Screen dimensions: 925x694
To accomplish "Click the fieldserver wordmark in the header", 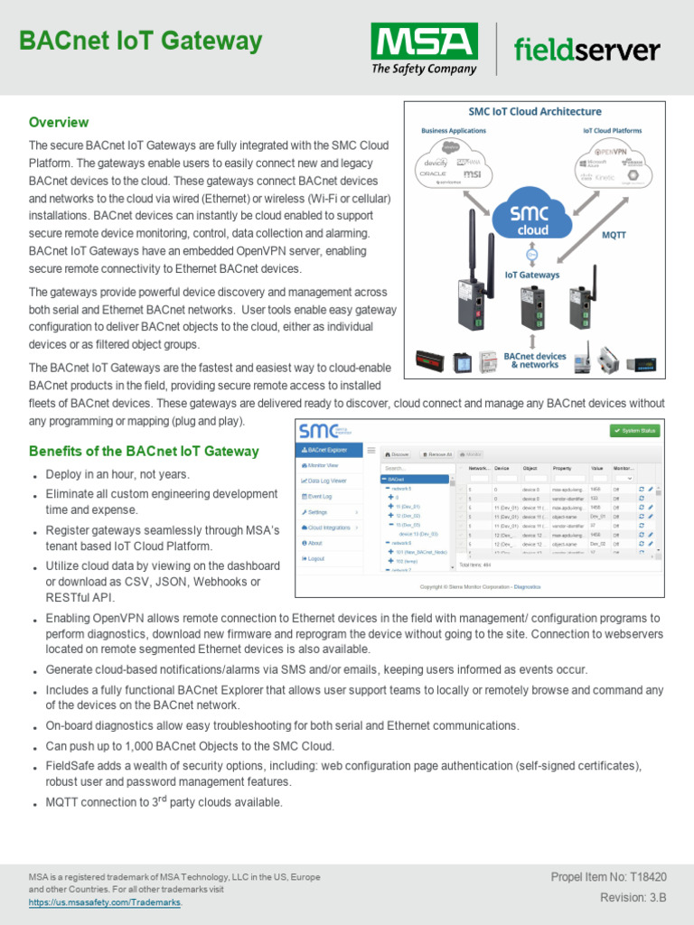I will pos(586,50).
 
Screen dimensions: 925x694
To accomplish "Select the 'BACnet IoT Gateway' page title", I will pos(141,41).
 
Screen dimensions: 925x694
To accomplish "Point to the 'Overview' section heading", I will pos(59,122).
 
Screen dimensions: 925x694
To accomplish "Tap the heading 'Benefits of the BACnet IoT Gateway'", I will pos(144,451).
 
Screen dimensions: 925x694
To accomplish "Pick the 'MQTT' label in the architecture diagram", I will pos(614,235).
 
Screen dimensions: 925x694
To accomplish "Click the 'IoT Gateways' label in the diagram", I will pos(531,275).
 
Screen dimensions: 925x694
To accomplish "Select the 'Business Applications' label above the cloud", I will pos(453,131).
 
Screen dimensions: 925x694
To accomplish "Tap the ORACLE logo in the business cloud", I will pos(432,173).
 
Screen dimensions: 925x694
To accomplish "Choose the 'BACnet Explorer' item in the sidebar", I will pos(328,449).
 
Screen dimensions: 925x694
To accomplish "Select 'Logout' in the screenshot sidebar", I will pos(315,559).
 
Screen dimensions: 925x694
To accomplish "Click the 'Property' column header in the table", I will pos(562,469).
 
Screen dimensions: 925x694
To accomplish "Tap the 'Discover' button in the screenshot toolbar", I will pos(398,454).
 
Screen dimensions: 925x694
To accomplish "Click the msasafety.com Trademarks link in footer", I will pos(105,902).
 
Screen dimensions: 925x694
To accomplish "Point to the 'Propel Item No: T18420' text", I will pos(608,877).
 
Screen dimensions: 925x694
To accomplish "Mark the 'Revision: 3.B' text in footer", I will pos(633,897).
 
